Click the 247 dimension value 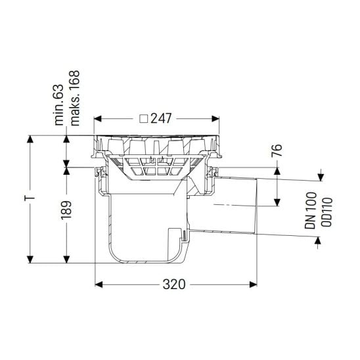coord(161,119)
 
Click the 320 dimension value coord(174,284)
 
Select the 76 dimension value coord(277,150)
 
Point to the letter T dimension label coord(30,198)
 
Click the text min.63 coord(58,105)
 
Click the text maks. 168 coord(75,98)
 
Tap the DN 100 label coord(311,210)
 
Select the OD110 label coord(326,212)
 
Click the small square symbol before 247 coord(144,119)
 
